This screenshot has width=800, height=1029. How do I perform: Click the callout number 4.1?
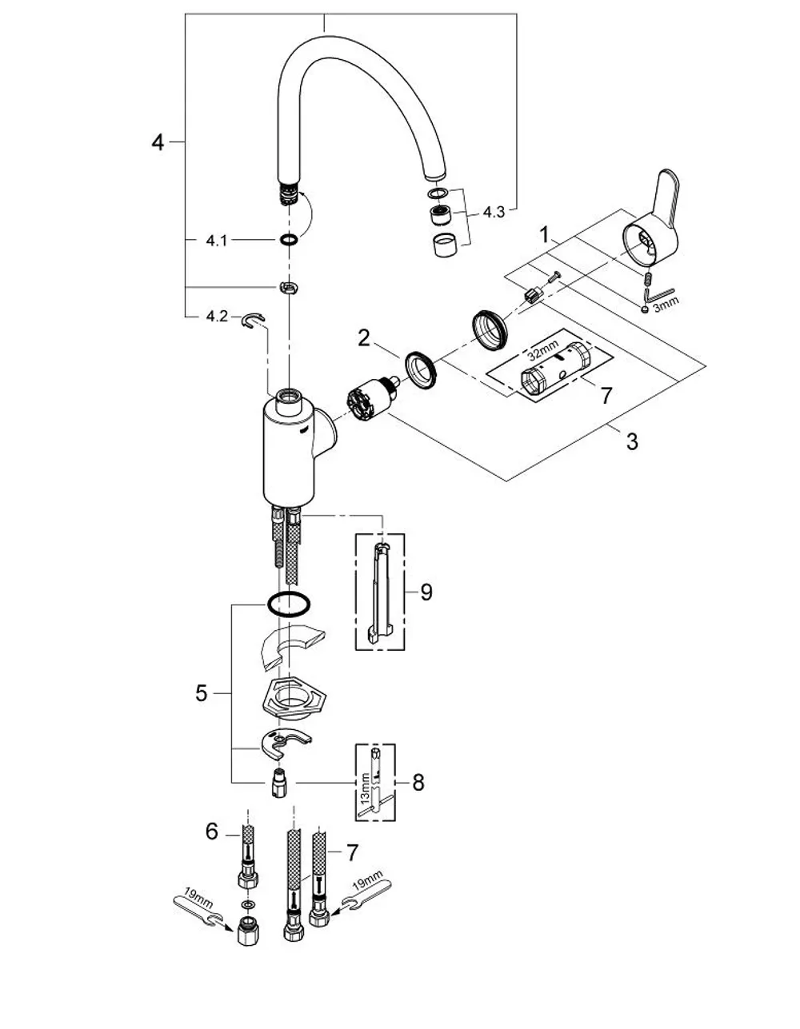(217, 241)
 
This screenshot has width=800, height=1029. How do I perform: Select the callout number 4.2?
(217, 317)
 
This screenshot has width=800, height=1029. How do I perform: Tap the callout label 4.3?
(494, 212)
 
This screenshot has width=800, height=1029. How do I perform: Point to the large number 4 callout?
(158, 142)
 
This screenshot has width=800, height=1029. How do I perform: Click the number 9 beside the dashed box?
(426, 592)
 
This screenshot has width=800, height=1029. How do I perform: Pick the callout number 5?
(202, 693)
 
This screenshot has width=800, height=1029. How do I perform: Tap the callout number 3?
(632, 442)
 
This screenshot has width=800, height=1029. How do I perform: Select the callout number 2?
(364, 338)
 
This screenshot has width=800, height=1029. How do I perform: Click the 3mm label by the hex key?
(666, 304)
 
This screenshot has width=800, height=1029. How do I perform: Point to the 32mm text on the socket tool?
(543, 351)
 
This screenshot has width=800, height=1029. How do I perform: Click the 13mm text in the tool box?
(365, 787)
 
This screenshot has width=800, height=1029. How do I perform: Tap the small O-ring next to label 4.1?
(288, 240)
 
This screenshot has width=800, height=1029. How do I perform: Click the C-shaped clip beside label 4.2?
(254, 321)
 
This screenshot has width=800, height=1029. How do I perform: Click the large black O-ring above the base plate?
(289, 604)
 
